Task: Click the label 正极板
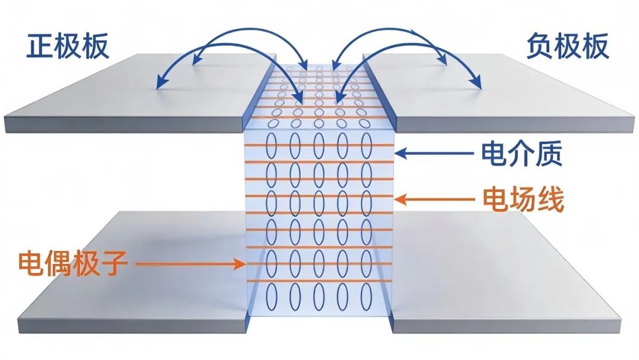point(67,46)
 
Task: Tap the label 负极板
point(567,46)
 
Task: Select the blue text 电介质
point(522,154)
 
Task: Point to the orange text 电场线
point(523,200)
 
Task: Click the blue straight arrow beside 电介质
point(435,153)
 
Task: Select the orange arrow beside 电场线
point(435,200)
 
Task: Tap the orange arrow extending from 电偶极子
point(191,263)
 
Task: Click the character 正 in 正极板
point(40,46)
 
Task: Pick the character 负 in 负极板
point(540,46)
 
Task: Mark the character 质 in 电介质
point(550,154)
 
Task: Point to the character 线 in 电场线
point(551,200)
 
